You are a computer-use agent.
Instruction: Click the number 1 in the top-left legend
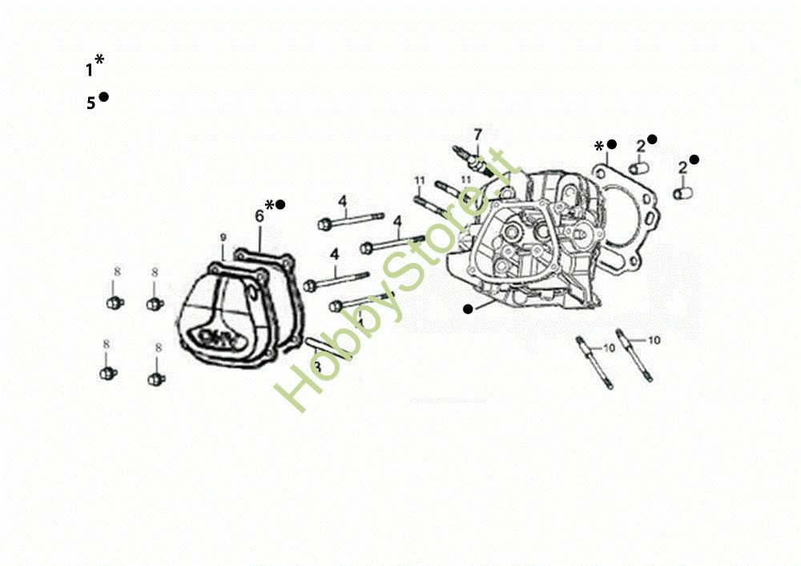point(89,70)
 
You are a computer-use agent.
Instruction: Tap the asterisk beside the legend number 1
point(99,60)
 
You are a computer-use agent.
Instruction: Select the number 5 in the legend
point(91,103)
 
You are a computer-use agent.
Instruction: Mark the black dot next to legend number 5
point(103,97)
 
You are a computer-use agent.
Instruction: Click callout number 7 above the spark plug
point(477,133)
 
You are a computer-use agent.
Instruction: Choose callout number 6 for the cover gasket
point(260,216)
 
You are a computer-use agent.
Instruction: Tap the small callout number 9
point(223,237)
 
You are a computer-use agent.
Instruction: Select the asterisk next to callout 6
point(270,204)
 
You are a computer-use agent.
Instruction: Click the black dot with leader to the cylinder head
point(468,308)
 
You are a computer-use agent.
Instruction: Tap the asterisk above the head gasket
point(599,146)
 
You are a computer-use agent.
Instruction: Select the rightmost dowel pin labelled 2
point(683,193)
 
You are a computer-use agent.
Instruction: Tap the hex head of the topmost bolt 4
point(324,224)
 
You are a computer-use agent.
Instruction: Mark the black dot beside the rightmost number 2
point(694,160)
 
